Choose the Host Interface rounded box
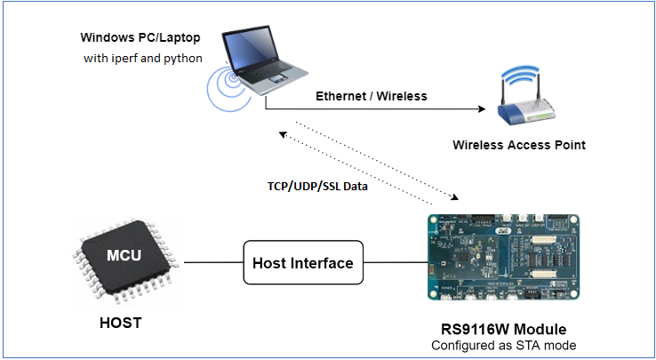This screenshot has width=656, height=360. (302, 263)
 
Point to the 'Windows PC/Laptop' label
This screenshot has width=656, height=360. (139, 37)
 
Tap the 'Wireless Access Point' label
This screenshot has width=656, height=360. (519, 145)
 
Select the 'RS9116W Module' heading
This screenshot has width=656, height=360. (504, 329)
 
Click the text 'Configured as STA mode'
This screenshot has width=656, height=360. (503, 345)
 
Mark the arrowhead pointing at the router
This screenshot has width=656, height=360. (484, 110)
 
